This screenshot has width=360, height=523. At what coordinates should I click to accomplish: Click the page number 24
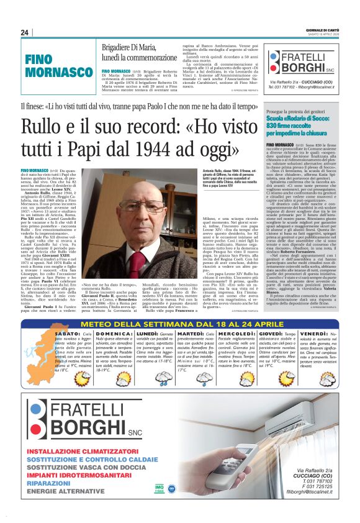(25, 32)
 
